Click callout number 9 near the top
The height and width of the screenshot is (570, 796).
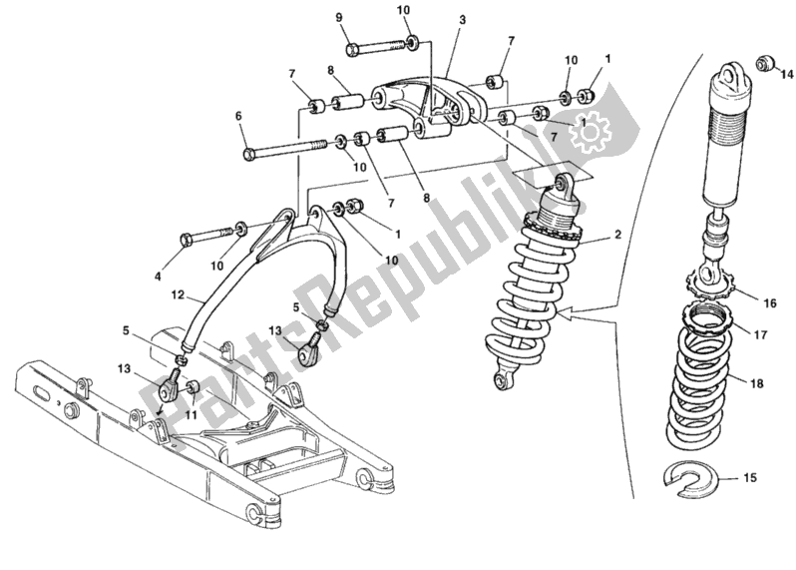[x=338, y=17]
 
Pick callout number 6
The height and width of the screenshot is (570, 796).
[x=238, y=116]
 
